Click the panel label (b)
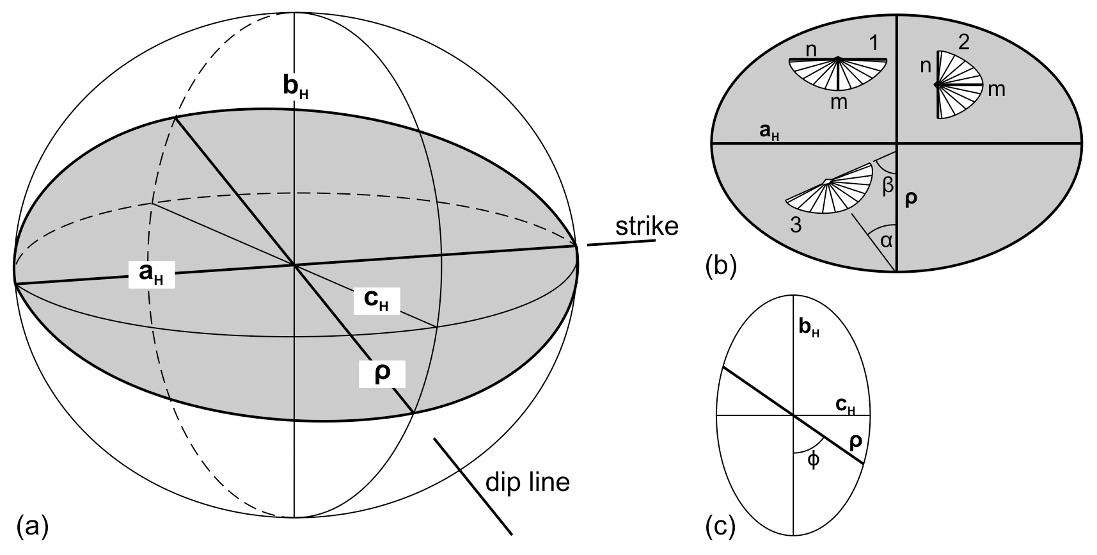click(721, 265)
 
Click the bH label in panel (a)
click(296, 88)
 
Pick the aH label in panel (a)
click(151, 274)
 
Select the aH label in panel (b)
click(768, 132)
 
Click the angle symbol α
click(886, 240)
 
